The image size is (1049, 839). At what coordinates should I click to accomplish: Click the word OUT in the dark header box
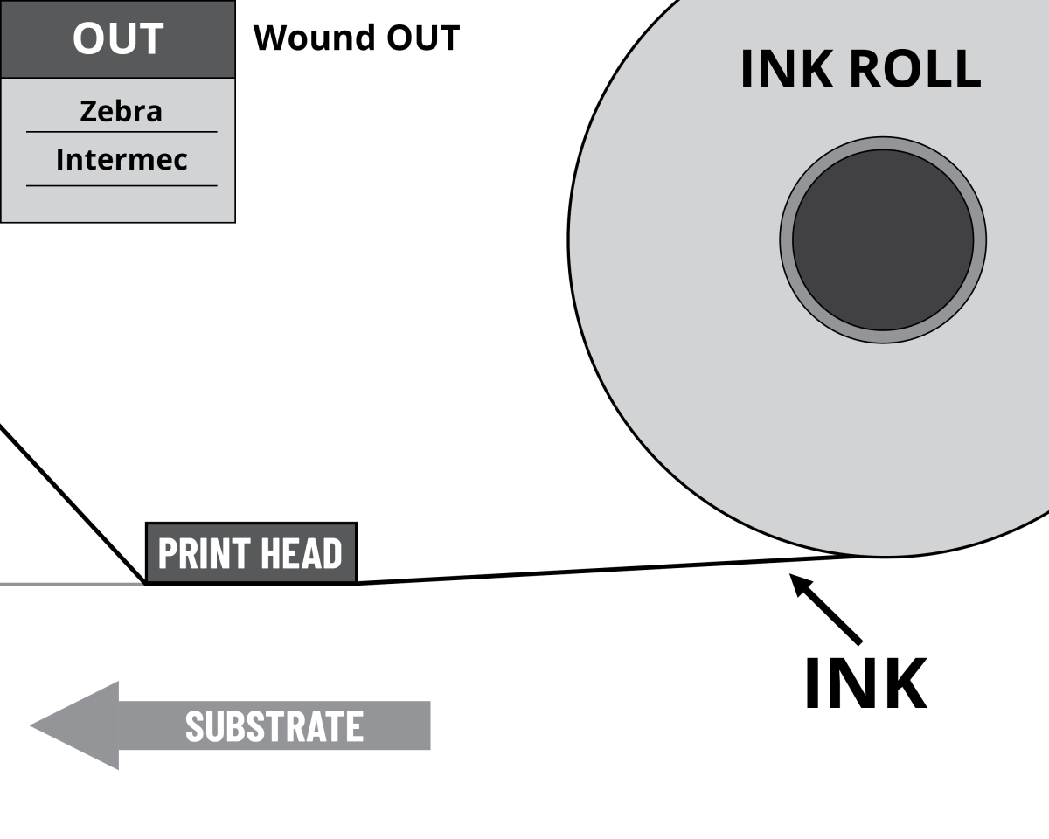118,39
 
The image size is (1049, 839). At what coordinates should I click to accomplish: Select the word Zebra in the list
121,112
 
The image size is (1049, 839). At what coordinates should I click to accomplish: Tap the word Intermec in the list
122,160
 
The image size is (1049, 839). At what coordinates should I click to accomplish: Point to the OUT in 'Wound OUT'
420,38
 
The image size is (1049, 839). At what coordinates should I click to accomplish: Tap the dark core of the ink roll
883,240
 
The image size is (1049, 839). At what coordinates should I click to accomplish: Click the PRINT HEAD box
251,553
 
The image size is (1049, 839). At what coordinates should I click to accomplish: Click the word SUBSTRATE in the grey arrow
274,726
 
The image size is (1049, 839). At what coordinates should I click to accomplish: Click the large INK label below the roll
865,684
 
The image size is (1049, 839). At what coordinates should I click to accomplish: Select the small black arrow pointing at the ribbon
826,609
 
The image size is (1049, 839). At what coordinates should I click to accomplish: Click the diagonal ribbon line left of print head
70,503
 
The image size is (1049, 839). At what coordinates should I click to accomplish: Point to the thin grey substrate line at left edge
70,583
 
